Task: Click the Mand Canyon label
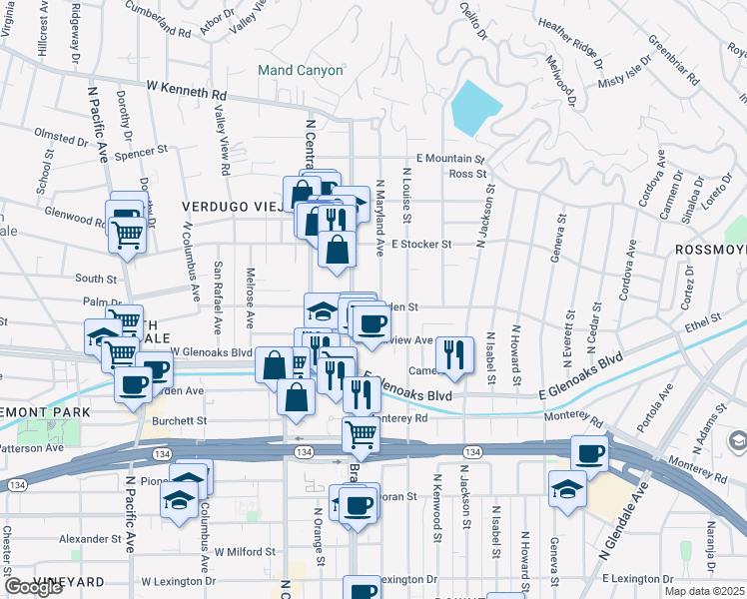coord(300,71)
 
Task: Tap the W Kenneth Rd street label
coord(187,95)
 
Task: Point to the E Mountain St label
coord(449,159)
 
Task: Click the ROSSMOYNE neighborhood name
coord(711,250)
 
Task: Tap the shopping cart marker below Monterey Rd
coord(361,434)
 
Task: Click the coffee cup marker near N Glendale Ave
coord(589,454)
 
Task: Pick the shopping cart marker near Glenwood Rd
coord(129,235)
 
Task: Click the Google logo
coord(33,587)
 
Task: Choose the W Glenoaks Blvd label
coord(211,352)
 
